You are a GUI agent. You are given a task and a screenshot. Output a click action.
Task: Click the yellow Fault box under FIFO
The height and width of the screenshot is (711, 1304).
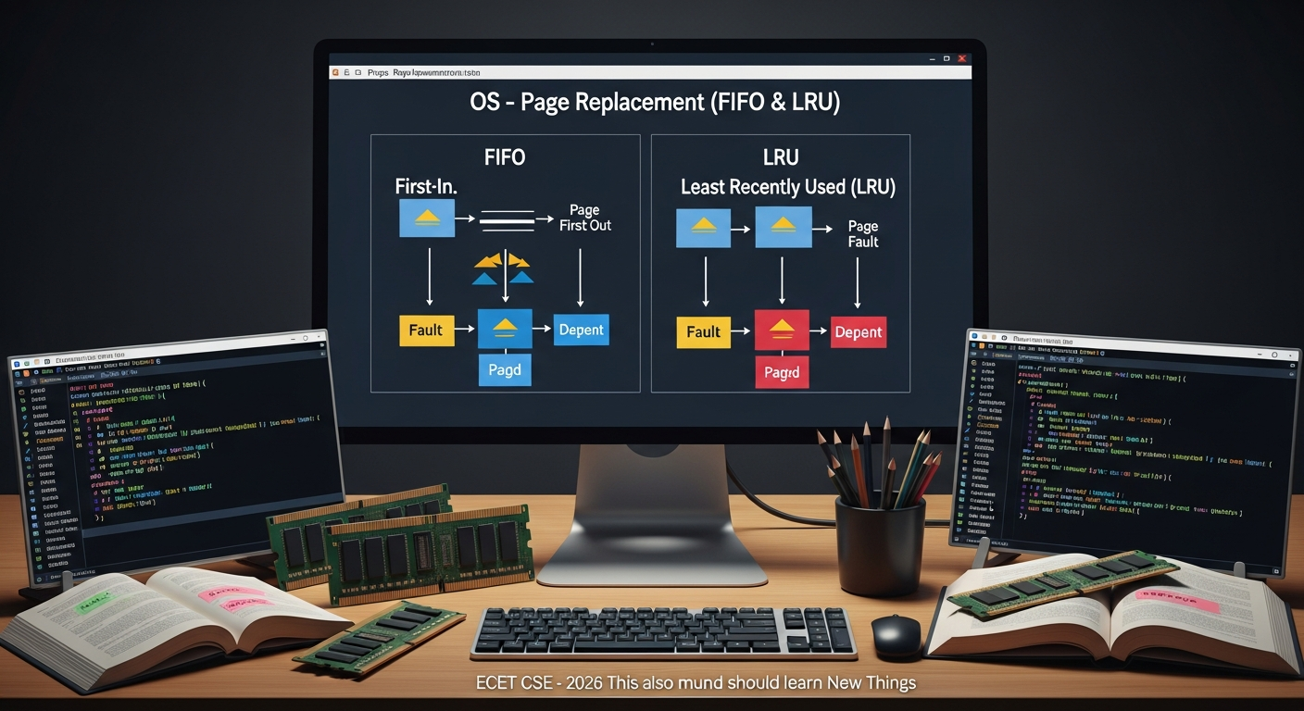coord(426,331)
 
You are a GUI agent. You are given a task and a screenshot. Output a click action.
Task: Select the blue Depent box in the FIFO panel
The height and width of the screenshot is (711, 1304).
coord(581,331)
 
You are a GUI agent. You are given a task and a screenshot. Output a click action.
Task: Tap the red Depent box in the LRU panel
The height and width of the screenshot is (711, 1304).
coord(858,332)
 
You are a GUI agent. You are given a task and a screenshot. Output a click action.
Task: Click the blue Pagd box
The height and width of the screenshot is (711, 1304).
coord(505,370)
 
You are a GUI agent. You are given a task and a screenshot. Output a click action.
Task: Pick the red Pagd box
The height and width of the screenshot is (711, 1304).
coord(781,372)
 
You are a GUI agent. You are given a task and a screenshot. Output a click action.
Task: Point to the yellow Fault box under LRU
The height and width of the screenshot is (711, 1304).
coord(703,332)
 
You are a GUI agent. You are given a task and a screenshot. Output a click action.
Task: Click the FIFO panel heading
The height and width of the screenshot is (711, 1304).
coord(505,157)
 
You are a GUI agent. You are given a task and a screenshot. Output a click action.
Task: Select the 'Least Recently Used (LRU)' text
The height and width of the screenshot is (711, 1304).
coord(788,187)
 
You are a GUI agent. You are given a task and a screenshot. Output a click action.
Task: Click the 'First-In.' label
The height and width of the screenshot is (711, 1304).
coord(427,186)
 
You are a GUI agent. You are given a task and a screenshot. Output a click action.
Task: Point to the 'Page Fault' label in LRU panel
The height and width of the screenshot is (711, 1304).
coord(863,234)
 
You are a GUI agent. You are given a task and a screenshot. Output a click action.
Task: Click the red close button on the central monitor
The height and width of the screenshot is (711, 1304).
coord(962,58)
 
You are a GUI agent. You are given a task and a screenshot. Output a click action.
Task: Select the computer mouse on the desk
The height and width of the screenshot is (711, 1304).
coord(896,634)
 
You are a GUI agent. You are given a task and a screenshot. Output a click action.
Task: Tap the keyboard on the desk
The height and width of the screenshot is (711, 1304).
coord(663,631)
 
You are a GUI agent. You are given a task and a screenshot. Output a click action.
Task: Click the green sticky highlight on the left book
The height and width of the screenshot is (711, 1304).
coord(94,605)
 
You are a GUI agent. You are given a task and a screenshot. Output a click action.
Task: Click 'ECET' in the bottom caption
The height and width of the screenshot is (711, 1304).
coord(498,684)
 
